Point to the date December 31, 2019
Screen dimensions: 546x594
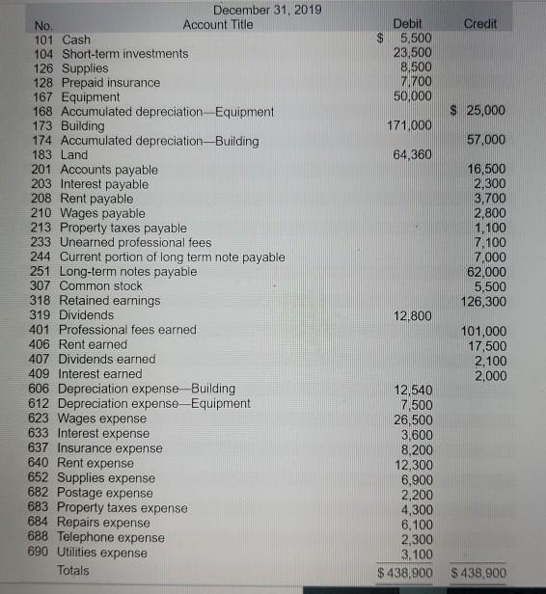tap(267, 10)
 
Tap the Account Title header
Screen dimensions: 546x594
tap(218, 24)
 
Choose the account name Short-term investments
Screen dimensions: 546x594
tap(124, 54)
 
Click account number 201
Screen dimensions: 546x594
tap(43, 170)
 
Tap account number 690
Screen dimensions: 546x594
tap(43, 553)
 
